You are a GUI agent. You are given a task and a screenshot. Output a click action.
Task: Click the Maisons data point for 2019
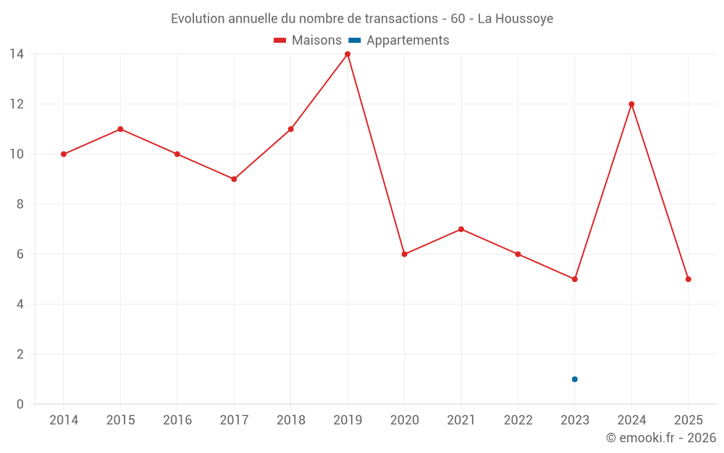click(x=348, y=54)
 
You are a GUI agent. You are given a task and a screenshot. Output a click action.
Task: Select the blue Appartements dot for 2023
click(x=575, y=379)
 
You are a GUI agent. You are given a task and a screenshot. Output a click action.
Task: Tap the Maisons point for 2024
click(x=631, y=104)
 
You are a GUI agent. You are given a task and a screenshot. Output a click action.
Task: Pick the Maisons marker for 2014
click(x=64, y=154)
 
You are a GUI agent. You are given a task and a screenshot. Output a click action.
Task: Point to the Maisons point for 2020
click(x=404, y=254)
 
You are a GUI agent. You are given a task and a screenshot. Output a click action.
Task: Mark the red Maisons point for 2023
click(x=575, y=279)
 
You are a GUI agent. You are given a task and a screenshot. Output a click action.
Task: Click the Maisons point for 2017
click(x=234, y=179)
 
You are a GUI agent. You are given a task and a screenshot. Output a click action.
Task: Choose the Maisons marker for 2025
click(x=688, y=279)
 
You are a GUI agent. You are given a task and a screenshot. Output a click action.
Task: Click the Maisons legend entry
click(x=308, y=41)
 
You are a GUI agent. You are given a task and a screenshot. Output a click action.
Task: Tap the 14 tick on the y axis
click(x=16, y=54)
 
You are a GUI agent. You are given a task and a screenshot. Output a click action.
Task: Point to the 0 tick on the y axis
click(x=20, y=404)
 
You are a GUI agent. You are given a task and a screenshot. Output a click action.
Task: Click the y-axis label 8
click(x=20, y=204)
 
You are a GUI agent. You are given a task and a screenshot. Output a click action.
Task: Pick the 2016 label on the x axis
click(x=177, y=420)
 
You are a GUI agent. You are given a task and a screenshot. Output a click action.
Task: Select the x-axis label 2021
click(x=461, y=420)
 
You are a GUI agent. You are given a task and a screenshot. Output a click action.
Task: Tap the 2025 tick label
click(x=688, y=420)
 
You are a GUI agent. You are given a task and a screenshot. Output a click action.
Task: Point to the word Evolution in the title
click(x=198, y=19)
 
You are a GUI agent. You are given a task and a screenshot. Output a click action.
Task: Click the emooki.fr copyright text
click(x=661, y=438)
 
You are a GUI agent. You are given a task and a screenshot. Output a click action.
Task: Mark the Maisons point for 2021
click(x=461, y=229)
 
